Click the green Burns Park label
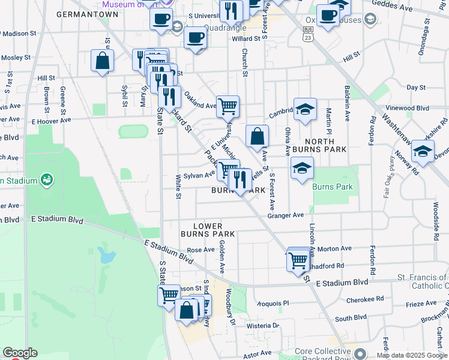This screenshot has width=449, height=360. click(x=333, y=187)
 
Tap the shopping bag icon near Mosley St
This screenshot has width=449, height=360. click(x=103, y=61)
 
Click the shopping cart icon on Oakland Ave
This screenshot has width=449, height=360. click(x=228, y=107)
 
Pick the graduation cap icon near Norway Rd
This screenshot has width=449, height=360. click(x=423, y=152)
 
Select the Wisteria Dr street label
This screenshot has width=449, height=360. click(x=259, y=325)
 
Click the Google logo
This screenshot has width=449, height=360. click(x=19, y=353)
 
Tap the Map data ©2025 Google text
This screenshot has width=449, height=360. click(x=412, y=355)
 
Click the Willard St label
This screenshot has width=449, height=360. click(x=246, y=39)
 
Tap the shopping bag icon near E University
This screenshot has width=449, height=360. click(x=257, y=136)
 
